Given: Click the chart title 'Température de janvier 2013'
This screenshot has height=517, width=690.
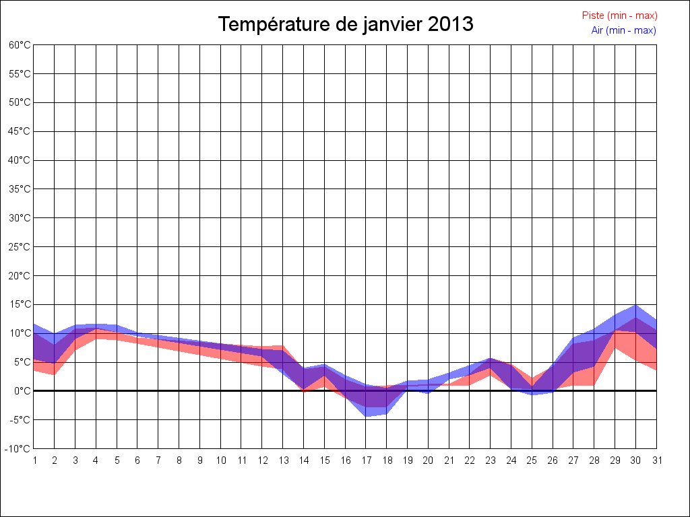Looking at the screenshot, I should coord(346,24).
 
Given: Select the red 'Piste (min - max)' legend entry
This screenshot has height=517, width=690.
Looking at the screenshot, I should coord(619,15).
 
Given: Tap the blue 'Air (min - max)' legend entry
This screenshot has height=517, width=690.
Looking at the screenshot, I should coord(623,30).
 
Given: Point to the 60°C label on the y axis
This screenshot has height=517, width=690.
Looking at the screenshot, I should coord(20,45).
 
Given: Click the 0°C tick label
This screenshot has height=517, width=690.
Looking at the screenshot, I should coord(22,391).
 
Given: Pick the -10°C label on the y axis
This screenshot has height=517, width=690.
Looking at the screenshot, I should coord(19,449).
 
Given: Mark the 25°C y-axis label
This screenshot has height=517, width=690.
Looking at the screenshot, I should coord(20,247).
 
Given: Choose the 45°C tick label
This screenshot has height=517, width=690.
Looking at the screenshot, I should coord(20,131).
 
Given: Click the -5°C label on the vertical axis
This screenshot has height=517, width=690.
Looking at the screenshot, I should coord(21,420).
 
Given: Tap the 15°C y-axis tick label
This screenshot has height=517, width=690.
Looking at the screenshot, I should coord(20,304).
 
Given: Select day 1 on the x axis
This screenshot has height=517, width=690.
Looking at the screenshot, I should coord(34,460).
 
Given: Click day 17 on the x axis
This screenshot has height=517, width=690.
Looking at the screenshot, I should coord(366,460).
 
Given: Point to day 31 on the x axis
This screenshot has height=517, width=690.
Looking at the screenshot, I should coord(656,460).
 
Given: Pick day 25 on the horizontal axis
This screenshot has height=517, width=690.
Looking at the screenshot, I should coord(532,460).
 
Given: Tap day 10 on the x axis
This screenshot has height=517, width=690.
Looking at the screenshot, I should coord(220,460).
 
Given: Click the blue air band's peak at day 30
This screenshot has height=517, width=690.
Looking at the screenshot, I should coord(635,306).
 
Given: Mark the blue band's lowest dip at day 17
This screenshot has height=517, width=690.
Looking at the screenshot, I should coord(366,415).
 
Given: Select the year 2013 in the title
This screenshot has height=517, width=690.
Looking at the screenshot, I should coord(450,24).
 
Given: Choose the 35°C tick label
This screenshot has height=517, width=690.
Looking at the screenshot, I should coord(20,189).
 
